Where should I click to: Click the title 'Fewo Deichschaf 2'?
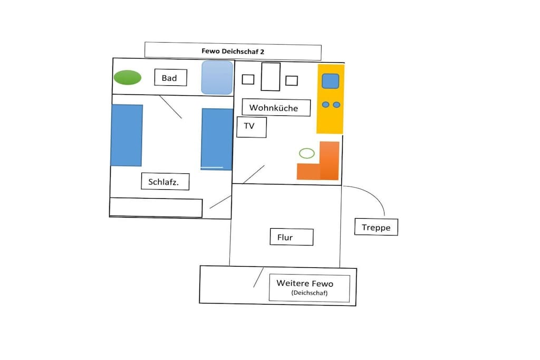[x=233, y=52]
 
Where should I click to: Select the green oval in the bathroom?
[x=128, y=77]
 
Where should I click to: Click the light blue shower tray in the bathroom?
[x=217, y=77]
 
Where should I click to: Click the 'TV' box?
[x=252, y=127]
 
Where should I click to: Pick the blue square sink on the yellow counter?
[x=331, y=81]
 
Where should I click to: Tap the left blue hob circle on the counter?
[x=325, y=105]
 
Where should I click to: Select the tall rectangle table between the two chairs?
[x=271, y=77]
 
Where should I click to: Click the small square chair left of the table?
[x=248, y=80]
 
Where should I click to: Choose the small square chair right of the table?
[x=291, y=81]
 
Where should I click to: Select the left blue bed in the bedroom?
[x=127, y=135]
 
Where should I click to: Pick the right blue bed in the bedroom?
[x=217, y=139]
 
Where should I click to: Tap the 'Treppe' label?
[x=376, y=227]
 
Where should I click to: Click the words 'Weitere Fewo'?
[x=305, y=283]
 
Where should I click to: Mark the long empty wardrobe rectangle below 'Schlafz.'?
[x=156, y=208]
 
